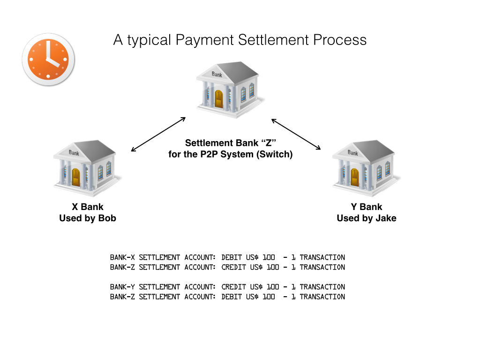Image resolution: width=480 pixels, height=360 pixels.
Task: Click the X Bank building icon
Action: point(87,167)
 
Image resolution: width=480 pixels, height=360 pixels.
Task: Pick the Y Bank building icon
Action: point(366,167)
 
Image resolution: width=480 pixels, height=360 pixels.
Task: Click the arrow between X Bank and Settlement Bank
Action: point(158,135)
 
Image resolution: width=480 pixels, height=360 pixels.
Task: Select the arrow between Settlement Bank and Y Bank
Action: point(296,135)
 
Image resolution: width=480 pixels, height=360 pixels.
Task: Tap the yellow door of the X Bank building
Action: point(76,177)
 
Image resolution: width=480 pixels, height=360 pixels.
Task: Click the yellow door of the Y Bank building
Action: point(355,177)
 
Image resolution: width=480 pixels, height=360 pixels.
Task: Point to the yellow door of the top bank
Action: point(219,99)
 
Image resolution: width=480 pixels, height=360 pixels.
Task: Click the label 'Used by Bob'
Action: point(88,218)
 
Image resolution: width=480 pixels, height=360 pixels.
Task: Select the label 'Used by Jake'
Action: point(367,218)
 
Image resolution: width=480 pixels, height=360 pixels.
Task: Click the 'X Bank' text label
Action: point(88,207)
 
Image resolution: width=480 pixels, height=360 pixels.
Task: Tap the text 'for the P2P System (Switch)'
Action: point(230,154)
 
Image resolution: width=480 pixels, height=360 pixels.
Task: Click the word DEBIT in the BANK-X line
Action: point(232,257)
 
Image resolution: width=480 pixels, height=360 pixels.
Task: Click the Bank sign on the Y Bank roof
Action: point(353,153)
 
